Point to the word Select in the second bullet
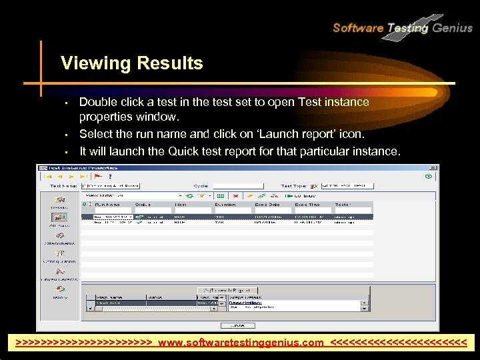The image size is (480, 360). [96, 135]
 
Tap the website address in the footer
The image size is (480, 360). [241, 343]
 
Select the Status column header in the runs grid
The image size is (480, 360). [143, 205]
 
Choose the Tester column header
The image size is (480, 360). [343, 205]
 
